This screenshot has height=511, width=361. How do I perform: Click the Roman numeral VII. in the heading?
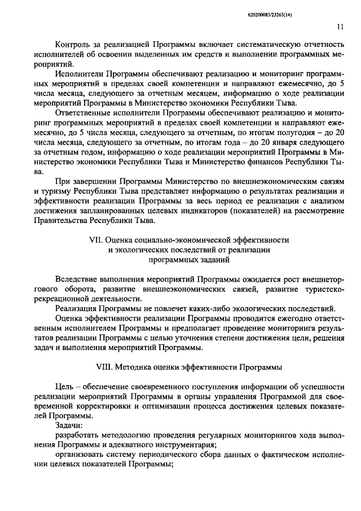pyautogui.click(x=97, y=240)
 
